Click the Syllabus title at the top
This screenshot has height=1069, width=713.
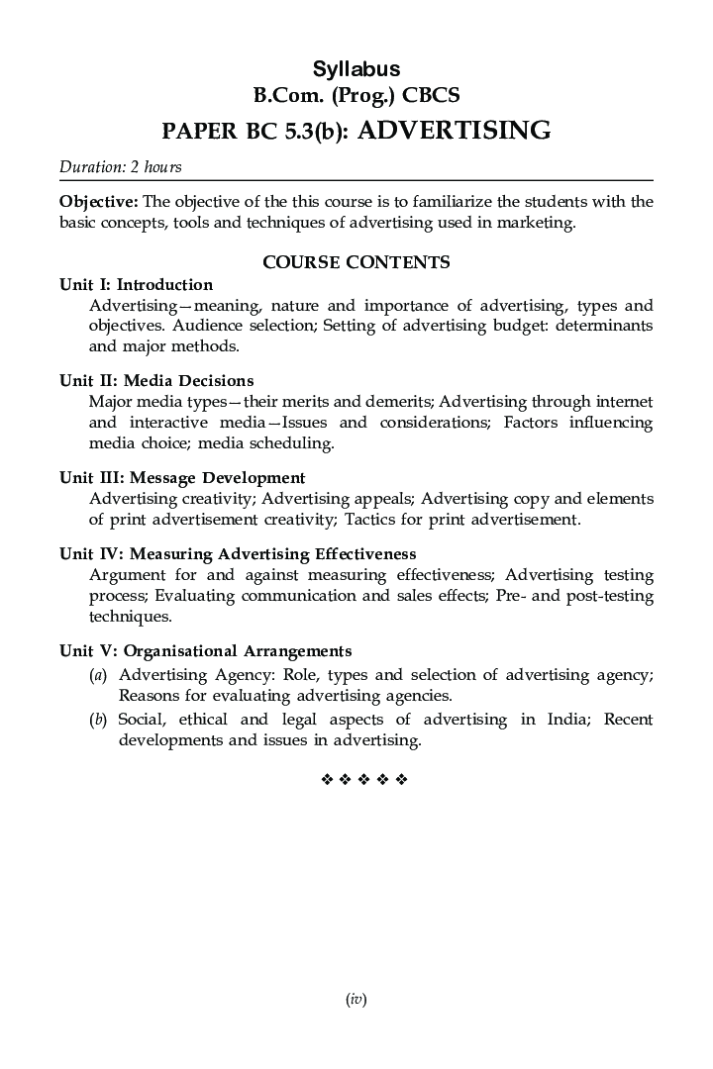(356, 69)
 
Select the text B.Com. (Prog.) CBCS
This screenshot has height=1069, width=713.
(356, 97)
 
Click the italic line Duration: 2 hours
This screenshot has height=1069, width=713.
(120, 166)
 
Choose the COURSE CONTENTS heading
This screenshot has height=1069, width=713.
(356, 262)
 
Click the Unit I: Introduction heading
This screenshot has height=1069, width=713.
(136, 285)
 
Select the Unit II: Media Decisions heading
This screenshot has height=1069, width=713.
(156, 380)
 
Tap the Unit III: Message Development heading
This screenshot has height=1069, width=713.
(182, 477)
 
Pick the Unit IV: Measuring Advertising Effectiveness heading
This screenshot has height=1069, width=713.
(238, 553)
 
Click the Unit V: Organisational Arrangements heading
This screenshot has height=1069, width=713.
(205, 650)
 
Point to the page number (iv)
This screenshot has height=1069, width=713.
(356, 1000)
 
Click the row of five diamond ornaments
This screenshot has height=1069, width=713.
(364, 780)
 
